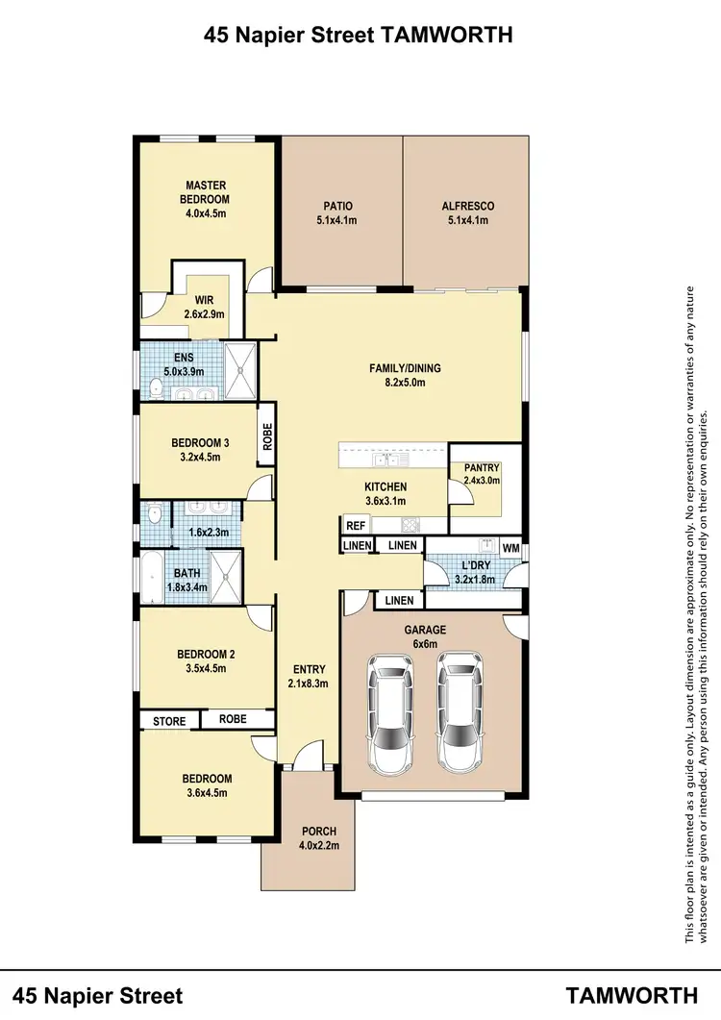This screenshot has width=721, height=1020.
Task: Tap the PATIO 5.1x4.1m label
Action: (336, 212)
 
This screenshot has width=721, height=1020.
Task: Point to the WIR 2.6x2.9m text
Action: (204, 307)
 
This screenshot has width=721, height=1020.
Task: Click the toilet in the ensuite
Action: (157, 388)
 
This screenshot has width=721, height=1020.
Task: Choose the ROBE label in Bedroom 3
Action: (267, 439)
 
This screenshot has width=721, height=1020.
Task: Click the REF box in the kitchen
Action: (355, 526)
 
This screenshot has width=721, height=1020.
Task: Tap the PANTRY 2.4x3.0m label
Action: (482, 474)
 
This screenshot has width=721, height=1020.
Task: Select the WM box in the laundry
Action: (510, 548)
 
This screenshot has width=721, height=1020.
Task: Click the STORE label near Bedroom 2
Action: (169, 719)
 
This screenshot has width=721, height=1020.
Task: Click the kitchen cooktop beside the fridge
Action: (410, 525)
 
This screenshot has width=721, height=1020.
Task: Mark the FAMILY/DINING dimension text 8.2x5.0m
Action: (397, 382)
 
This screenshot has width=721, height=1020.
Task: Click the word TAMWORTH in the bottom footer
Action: (632, 994)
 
